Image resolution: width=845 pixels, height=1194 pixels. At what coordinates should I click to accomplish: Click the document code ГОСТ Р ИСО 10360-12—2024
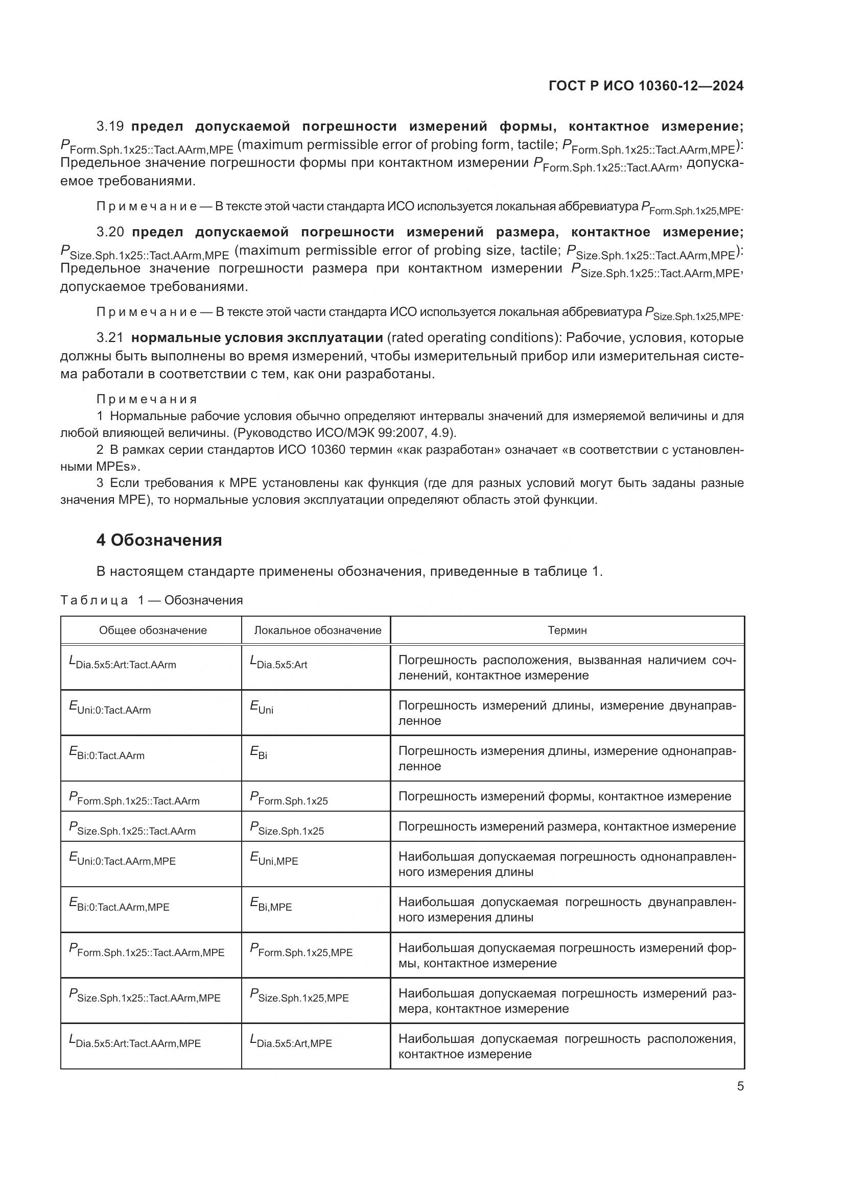click(646, 86)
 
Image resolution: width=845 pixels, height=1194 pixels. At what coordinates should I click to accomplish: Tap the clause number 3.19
click(110, 127)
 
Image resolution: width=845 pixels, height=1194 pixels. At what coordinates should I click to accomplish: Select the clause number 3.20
click(110, 232)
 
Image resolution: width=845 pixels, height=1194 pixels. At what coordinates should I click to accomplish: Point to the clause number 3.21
click(110, 338)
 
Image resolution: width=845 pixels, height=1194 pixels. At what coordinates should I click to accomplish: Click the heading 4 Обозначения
click(159, 540)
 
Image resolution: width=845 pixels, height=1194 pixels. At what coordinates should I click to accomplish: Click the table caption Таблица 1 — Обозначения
click(151, 600)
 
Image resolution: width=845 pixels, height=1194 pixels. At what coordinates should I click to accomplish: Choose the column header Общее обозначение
click(153, 630)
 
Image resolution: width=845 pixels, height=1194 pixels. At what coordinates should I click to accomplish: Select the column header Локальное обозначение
click(317, 630)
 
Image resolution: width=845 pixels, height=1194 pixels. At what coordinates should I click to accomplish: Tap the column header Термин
click(567, 630)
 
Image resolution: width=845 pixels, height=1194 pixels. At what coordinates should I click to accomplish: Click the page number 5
click(740, 1086)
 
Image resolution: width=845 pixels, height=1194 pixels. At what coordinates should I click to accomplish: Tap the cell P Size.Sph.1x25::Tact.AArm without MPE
click(132, 829)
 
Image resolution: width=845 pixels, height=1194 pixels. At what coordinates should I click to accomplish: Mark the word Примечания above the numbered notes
click(147, 399)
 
